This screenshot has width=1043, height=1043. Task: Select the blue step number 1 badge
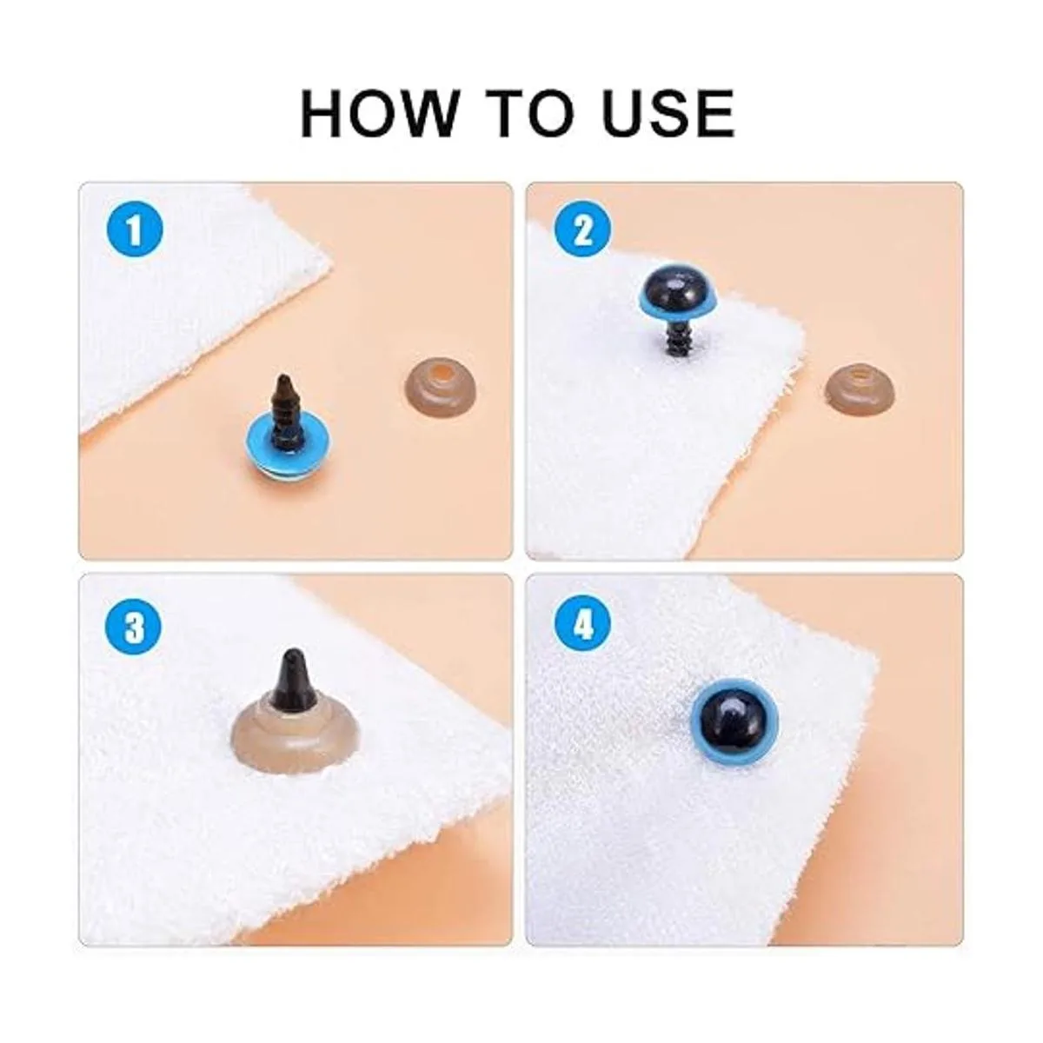[x=134, y=232]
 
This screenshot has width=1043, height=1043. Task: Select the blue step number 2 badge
[x=583, y=232]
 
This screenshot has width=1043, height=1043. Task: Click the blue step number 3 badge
[x=134, y=627]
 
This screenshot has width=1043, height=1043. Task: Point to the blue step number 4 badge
[x=583, y=627]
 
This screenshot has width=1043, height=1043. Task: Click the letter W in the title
[x=426, y=114]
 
